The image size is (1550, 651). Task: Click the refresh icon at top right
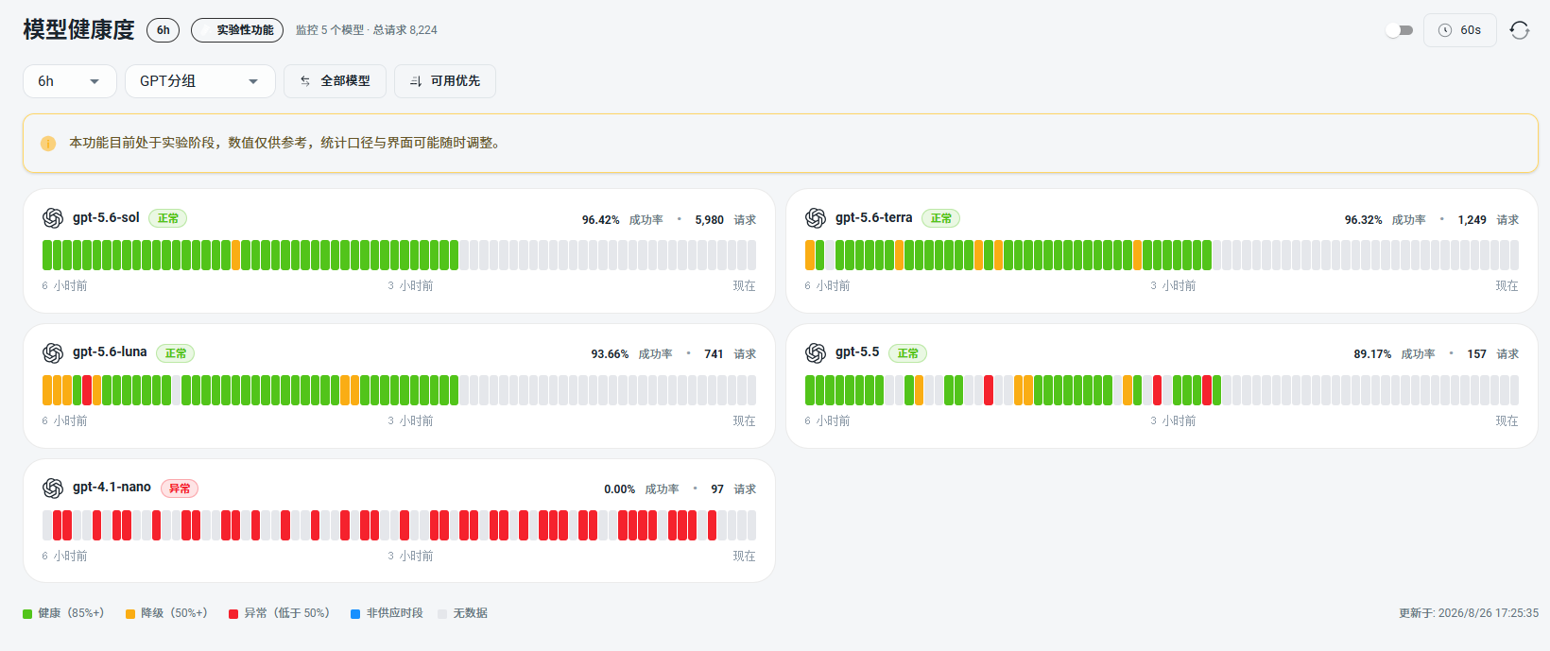1520,30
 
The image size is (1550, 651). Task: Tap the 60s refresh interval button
1460,30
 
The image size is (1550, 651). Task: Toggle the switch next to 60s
1399,30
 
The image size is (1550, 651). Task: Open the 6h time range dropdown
69,81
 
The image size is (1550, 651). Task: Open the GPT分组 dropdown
200,81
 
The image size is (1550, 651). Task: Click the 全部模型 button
335,81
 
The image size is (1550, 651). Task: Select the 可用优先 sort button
445,81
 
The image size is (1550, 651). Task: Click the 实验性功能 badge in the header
237,30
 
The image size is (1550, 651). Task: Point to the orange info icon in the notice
48,144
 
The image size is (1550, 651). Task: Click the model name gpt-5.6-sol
106,217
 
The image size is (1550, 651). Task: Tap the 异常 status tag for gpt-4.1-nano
180,488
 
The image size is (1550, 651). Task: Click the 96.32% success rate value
1363,220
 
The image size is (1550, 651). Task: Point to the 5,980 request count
709,220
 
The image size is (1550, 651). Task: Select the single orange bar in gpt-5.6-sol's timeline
236,255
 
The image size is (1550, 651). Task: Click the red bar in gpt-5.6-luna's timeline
87,390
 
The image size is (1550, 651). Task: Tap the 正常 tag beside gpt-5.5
908,353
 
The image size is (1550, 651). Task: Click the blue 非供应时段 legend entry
387,613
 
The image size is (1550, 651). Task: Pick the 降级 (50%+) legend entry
166,613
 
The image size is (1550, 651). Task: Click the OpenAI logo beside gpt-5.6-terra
816,218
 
